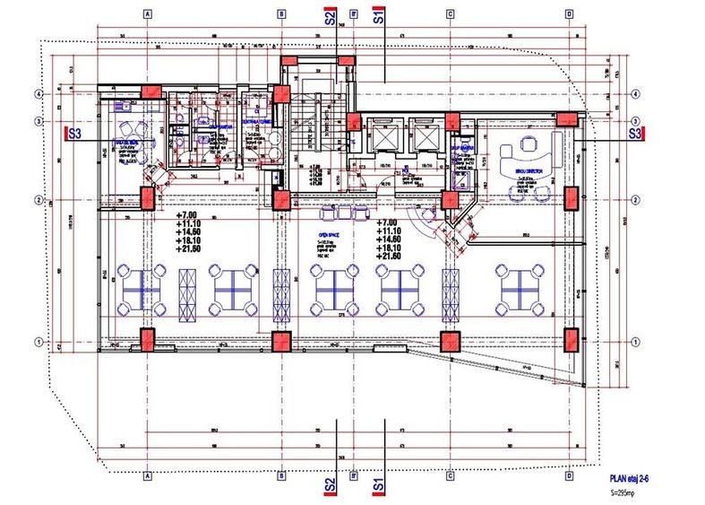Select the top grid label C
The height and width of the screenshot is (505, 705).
(x=445, y=15)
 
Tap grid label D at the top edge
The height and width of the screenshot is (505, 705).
(x=570, y=15)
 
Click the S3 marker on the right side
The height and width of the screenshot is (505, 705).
(x=634, y=133)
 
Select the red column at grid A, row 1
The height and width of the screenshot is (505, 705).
(x=146, y=341)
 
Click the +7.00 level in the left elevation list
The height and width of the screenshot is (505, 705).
(x=187, y=216)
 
